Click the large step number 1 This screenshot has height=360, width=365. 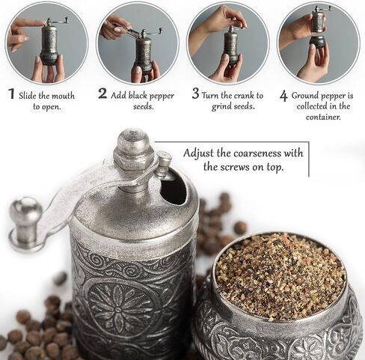pyautogui.click(x=11, y=94)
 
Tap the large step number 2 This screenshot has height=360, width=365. pyautogui.click(x=102, y=94)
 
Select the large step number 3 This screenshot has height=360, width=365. pyautogui.click(x=196, y=94)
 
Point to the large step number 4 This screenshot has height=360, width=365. pyautogui.click(x=283, y=97)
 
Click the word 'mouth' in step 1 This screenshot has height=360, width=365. pyautogui.click(x=63, y=96)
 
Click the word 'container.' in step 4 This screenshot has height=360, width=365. pyautogui.click(x=323, y=117)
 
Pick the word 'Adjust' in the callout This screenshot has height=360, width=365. pyautogui.click(x=198, y=153)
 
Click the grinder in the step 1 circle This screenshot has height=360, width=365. pyautogui.click(x=51, y=43)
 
